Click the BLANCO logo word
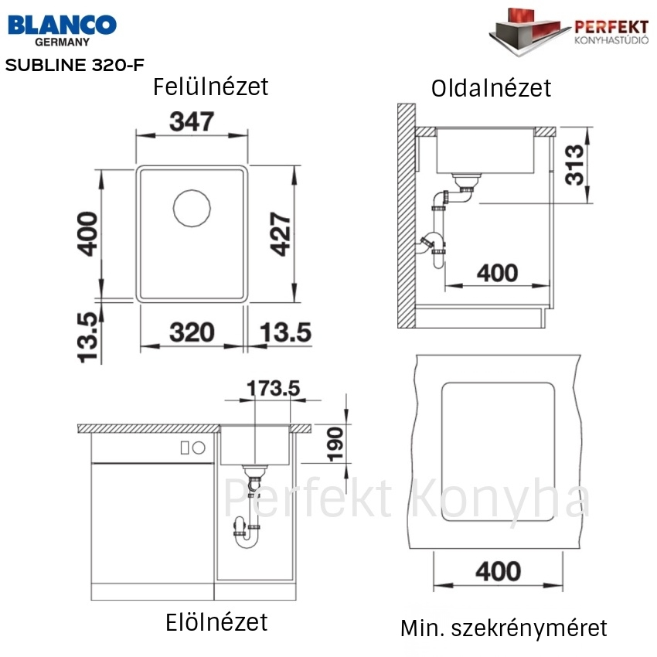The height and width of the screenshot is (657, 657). tap(62, 25)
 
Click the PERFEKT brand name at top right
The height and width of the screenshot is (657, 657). tap(611, 27)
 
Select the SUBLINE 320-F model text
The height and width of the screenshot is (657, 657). tap(74, 65)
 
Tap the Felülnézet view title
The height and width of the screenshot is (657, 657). tap(210, 87)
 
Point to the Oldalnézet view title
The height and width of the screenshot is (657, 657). tap(491, 88)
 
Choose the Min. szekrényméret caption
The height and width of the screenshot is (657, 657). tap(504, 628)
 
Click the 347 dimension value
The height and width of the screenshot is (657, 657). tap(192, 121)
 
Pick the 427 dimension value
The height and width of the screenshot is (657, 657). tap(281, 233)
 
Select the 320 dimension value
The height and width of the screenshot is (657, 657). tap(192, 332)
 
